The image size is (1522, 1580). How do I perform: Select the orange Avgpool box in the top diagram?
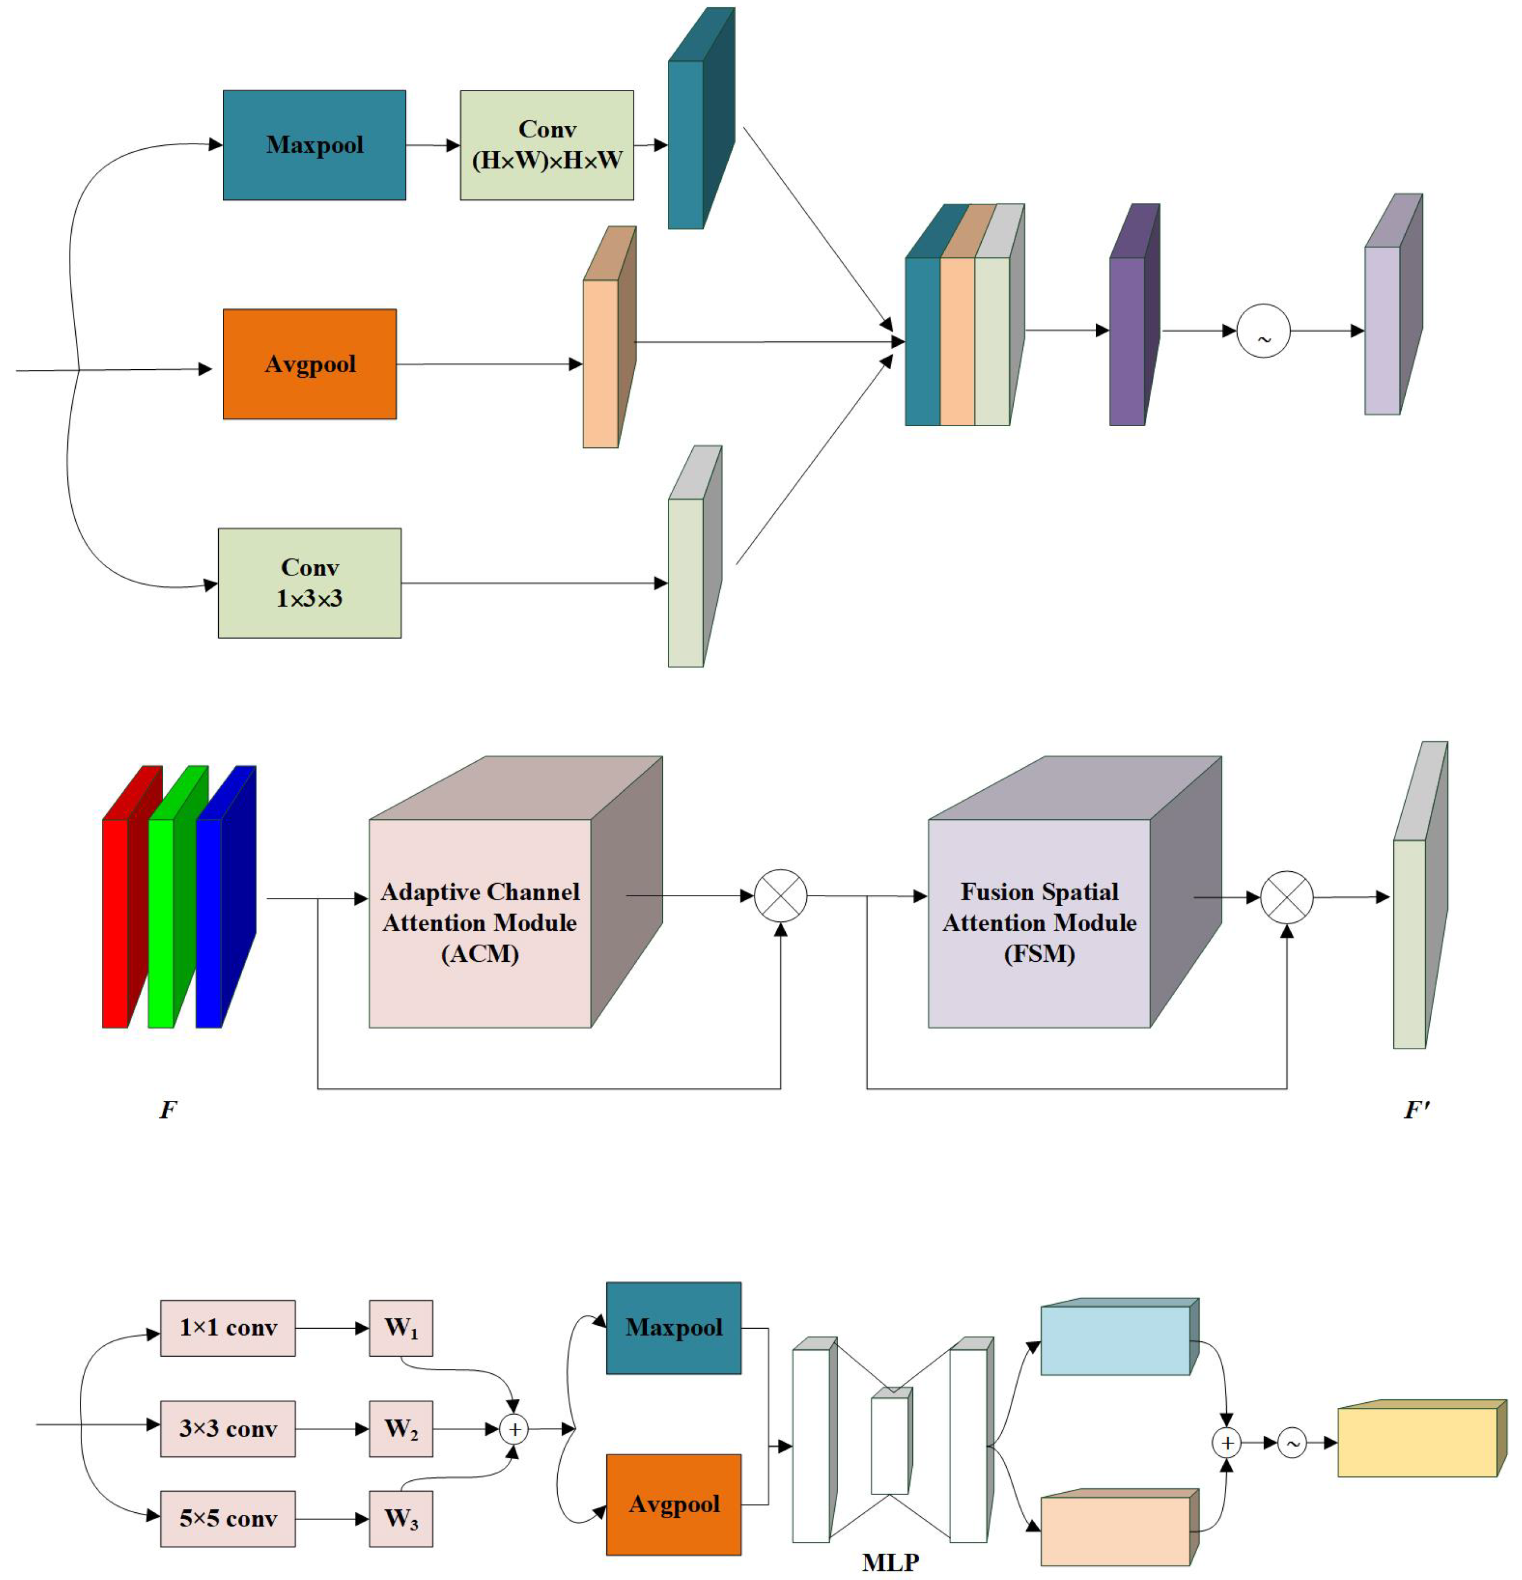309,364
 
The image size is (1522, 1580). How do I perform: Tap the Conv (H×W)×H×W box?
546,145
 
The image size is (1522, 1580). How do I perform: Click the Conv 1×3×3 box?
309,583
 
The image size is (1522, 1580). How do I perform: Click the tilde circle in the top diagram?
1263,331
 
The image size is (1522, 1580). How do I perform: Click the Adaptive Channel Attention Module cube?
480,923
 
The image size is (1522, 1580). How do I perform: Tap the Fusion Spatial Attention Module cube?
1039,923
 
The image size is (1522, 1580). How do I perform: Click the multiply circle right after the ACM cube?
780,896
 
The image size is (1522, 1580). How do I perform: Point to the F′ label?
1417,1110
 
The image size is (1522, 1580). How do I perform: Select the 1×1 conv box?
228,1328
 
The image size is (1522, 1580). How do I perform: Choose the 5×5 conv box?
228,1518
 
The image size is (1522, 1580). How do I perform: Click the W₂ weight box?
401,1428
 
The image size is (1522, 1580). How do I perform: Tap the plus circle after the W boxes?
513,1429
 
